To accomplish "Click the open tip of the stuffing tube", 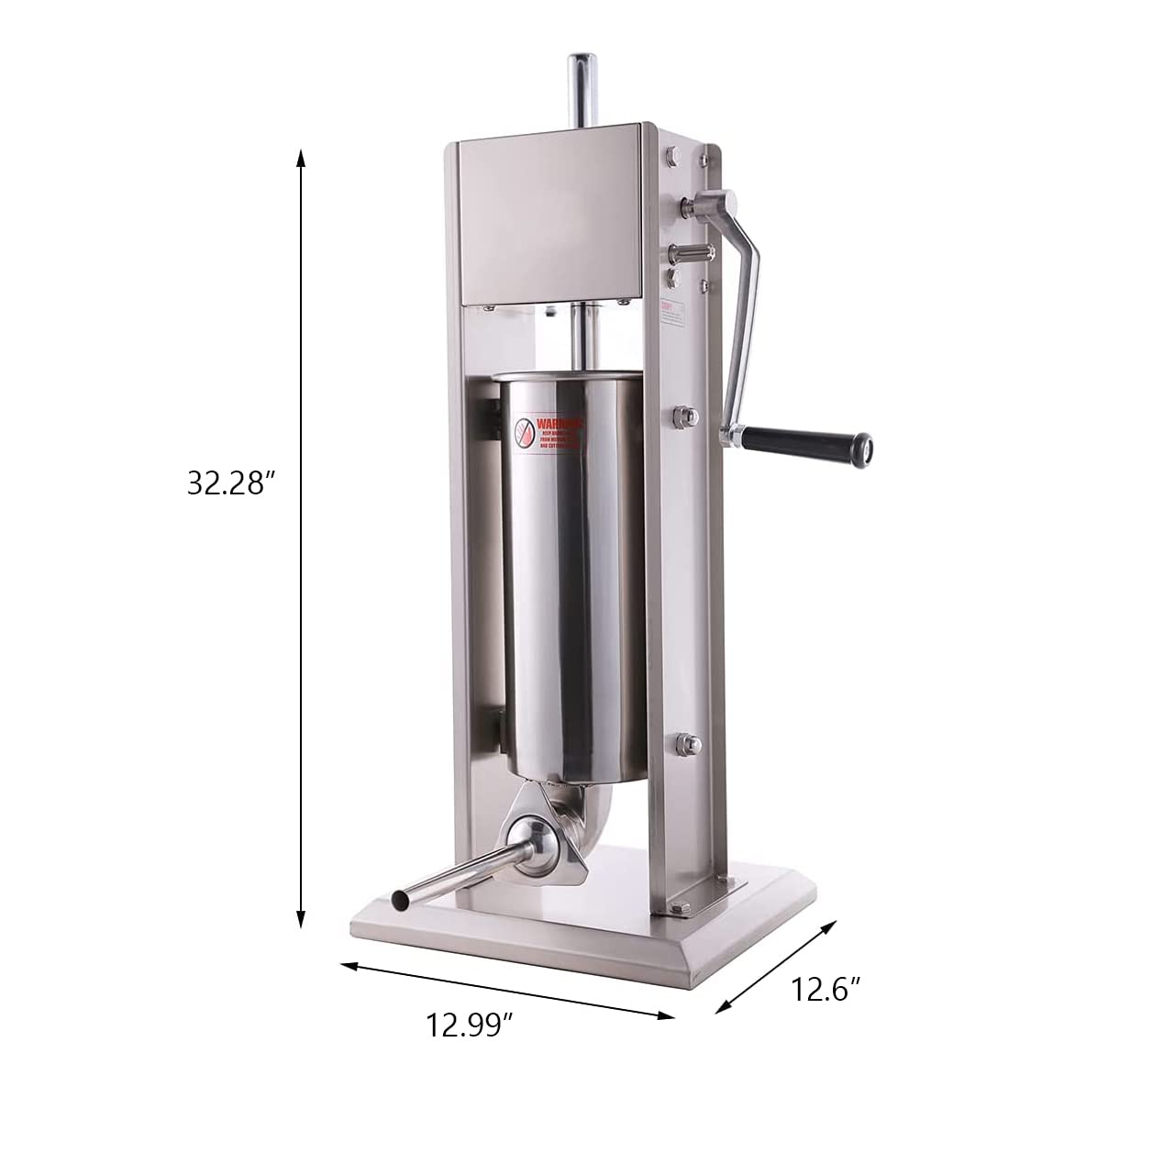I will pyautogui.click(x=400, y=902).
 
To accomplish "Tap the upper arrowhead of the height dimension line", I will pyautogui.click(x=300, y=158).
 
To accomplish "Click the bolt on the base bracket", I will pyautogui.click(x=680, y=910).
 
